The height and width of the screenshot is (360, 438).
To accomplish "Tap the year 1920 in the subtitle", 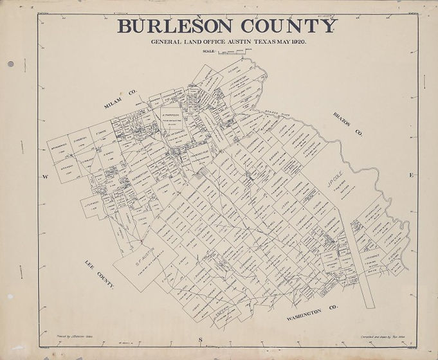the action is [x=297, y=42].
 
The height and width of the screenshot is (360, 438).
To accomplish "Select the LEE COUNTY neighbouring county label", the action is [x=100, y=274].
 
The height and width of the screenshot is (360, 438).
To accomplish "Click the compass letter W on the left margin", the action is [x=46, y=176].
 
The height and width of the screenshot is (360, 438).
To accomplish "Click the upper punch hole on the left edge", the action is [x=11, y=64].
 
